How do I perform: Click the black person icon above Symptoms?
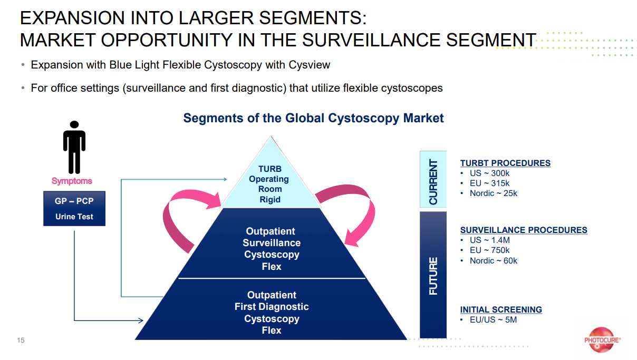[74, 147]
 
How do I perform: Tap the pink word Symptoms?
[72, 181]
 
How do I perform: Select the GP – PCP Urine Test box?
[74, 209]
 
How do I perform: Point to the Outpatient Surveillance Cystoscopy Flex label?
[272, 249]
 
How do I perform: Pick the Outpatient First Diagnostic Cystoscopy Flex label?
[272, 313]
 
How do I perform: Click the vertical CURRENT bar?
[433, 179]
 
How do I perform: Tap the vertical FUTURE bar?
[433, 275]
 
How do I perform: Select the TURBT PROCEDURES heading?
[505, 163]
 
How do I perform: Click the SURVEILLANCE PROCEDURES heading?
[524, 230]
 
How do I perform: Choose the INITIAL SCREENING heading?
[501, 309]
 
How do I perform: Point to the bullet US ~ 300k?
[489, 173]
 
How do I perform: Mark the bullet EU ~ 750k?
[489, 250]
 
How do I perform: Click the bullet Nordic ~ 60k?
[493, 260]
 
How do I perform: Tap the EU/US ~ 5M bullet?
[493, 319]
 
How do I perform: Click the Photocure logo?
[602, 340]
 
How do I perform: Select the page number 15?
[21, 340]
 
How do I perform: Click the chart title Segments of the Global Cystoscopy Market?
[313, 118]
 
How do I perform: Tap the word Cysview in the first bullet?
[309, 65]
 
